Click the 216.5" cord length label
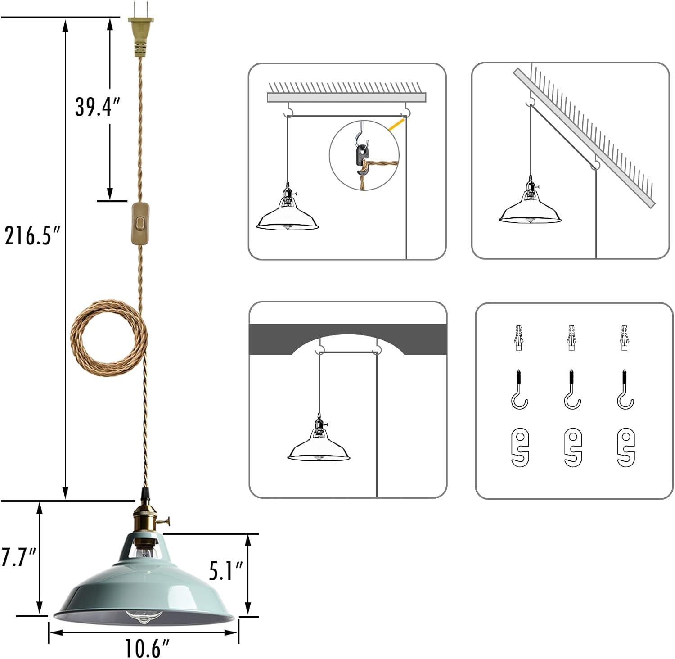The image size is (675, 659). pyautogui.click(x=32, y=235)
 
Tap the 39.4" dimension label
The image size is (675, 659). pyautogui.click(x=97, y=107)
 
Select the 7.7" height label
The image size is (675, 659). pyautogui.click(x=18, y=557)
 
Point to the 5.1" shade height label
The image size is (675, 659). pyautogui.click(x=225, y=571)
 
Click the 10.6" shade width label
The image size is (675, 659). pyautogui.click(x=147, y=648)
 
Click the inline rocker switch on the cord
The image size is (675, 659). pyautogui.click(x=140, y=224)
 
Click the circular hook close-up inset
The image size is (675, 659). pyautogui.click(x=364, y=155)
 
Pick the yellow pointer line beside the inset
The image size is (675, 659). pyautogui.click(x=397, y=125)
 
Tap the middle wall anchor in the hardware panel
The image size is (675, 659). pyautogui.click(x=571, y=338)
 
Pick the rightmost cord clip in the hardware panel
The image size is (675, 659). pyautogui.click(x=625, y=447)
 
